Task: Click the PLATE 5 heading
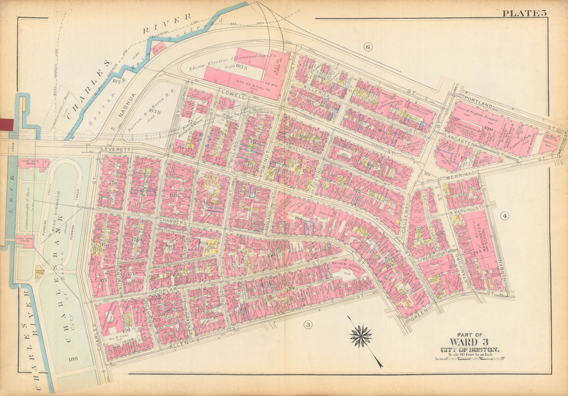click(x=524, y=12)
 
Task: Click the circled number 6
click(x=367, y=47)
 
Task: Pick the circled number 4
click(x=504, y=215)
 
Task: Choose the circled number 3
click(x=308, y=325)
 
